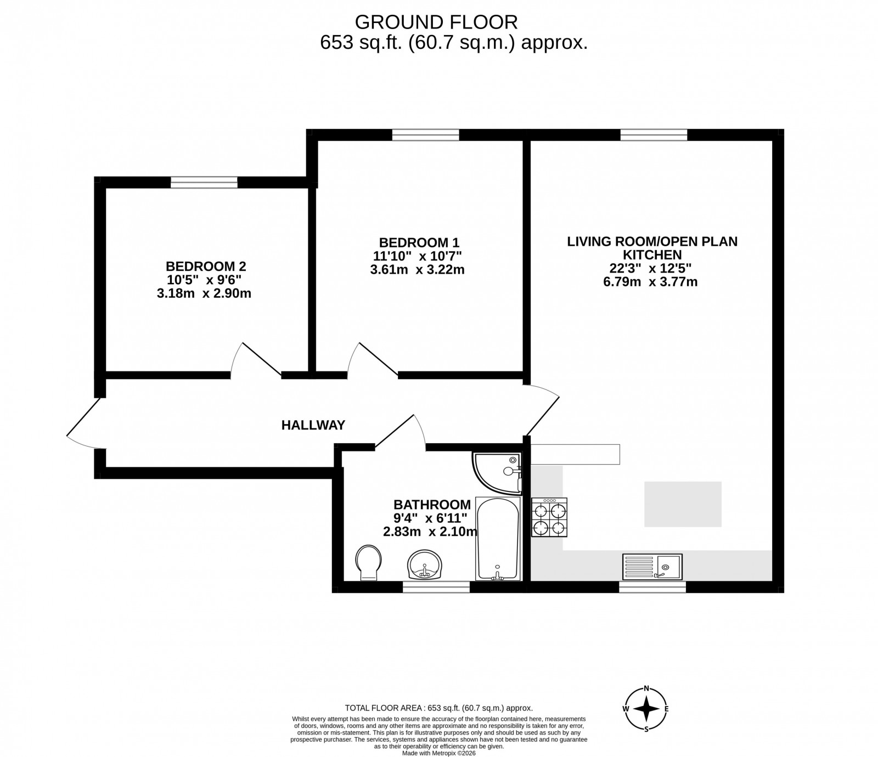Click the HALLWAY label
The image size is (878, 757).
click(313, 425)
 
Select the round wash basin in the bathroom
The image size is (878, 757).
click(424, 565)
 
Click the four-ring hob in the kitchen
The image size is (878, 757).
click(549, 517)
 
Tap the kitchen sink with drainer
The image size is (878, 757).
click(652, 566)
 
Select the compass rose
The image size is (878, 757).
click(647, 709)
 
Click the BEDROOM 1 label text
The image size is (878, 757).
click(419, 242)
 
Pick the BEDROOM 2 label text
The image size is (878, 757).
click(206, 267)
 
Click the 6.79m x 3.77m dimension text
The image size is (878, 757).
click(652, 283)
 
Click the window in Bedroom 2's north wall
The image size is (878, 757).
click(204, 182)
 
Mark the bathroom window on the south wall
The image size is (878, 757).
click(436, 587)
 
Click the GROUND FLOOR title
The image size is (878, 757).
click(436, 22)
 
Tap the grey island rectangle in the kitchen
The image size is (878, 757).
click(683, 504)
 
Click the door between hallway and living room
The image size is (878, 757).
click(542, 409)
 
